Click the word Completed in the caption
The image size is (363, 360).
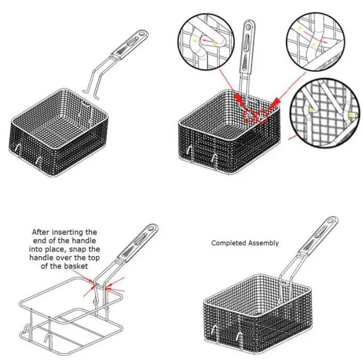coord(226,243)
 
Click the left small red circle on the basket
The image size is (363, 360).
coord(249,116)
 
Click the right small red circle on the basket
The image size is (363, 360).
coord(262,116)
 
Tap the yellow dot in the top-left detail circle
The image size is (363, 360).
coord(195,41)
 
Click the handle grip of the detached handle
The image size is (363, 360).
coord(130,44)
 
